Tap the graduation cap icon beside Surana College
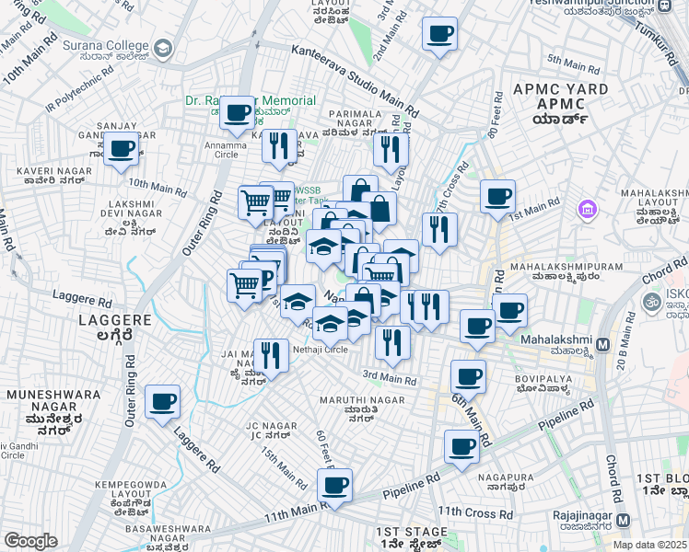163,48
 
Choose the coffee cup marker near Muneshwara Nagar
163,401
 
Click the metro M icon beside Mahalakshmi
603,344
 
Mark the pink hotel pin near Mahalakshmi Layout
587,211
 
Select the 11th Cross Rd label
474,512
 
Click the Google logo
31,541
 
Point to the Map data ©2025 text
649,545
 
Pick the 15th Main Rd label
284,468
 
